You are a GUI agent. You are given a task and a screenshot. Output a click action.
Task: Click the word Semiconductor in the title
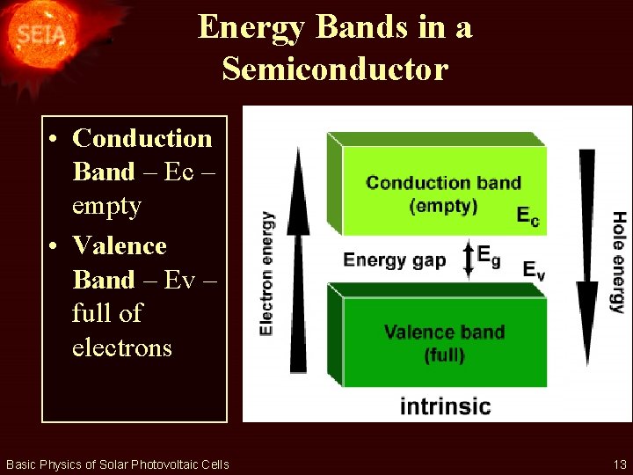[335, 68]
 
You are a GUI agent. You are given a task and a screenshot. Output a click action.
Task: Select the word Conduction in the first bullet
[142, 138]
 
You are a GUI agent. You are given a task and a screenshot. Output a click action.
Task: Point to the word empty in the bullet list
[106, 206]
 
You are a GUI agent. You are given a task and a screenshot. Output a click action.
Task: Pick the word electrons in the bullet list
[122, 347]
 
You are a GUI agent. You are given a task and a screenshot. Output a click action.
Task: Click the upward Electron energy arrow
[300, 264]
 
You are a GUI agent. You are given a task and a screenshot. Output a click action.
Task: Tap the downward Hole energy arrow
[586, 255]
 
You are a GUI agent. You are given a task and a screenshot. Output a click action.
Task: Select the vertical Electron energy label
[266, 272]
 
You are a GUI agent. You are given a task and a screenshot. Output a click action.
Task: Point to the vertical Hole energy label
[618, 262]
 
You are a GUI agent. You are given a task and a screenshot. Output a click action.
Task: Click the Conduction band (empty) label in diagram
[443, 194]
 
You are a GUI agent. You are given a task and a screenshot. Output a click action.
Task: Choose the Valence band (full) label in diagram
[444, 343]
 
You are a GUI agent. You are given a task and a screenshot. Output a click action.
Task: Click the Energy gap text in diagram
[395, 260]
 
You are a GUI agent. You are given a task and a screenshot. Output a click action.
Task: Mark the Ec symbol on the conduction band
[527, 216]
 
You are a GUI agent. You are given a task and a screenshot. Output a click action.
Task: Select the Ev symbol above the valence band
[534, 270]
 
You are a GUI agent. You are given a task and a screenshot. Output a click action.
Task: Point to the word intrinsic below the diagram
[445, 406]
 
